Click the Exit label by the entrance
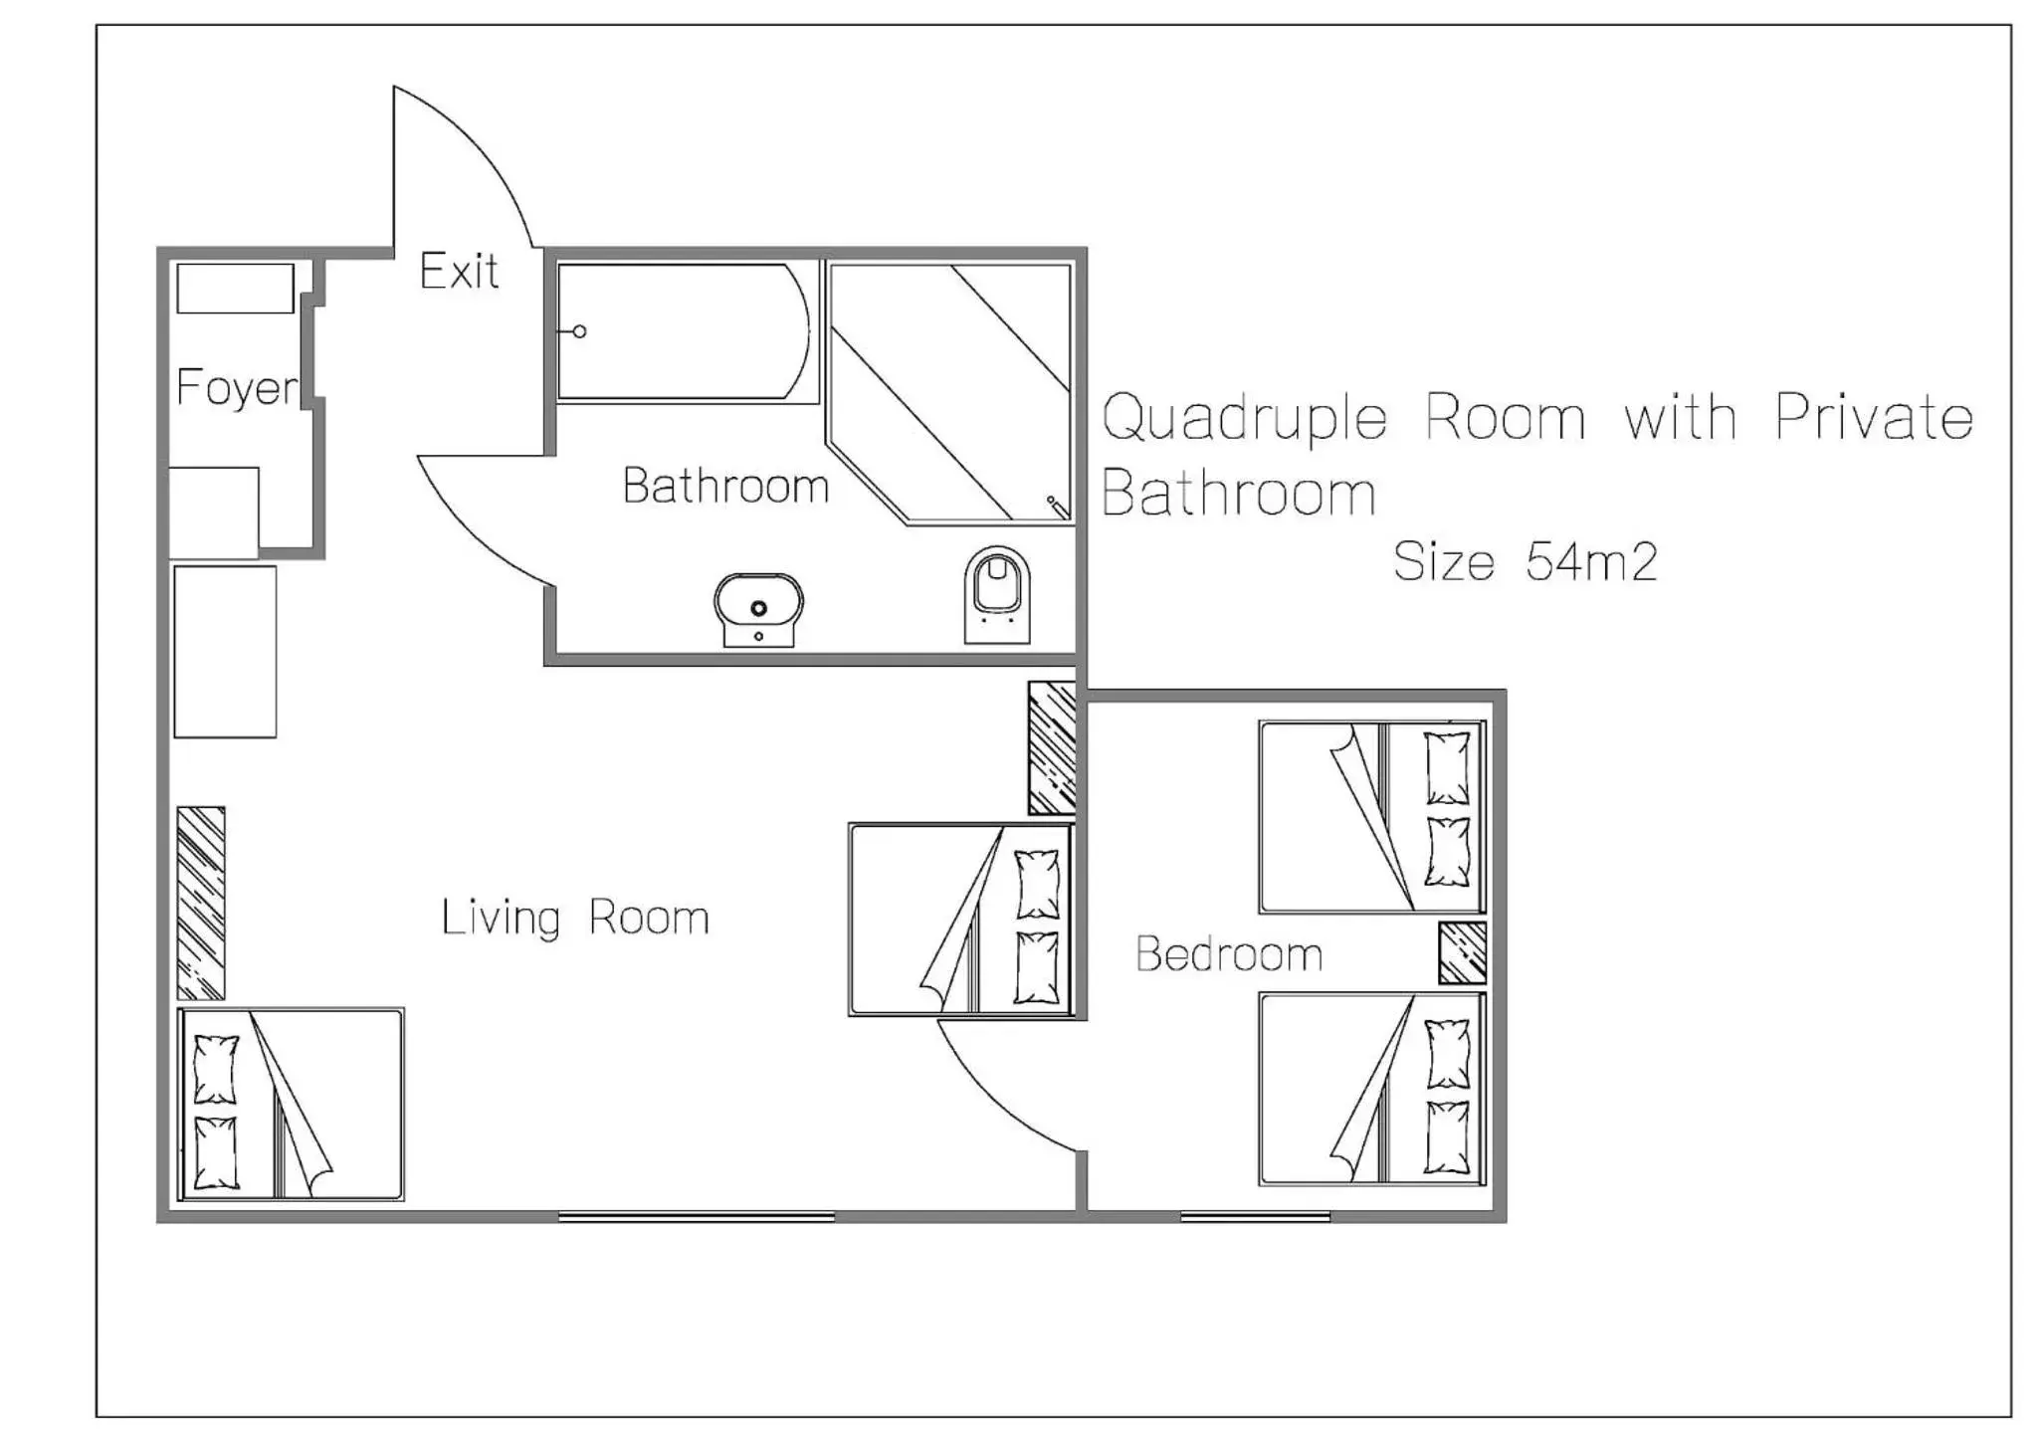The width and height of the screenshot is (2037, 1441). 459,272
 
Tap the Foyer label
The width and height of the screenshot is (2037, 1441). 237,387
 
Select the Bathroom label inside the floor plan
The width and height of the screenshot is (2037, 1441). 725,486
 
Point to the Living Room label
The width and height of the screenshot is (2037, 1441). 575,918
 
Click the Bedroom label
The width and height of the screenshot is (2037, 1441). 1229,954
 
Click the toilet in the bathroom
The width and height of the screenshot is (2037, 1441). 997,594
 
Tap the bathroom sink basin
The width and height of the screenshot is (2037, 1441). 758,608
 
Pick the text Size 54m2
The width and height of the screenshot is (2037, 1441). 1525,562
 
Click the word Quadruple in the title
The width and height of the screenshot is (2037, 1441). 1244,418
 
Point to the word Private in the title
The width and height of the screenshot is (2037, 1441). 1874,418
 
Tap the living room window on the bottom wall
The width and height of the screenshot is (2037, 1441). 697,1216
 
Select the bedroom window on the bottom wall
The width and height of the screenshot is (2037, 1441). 1255,1216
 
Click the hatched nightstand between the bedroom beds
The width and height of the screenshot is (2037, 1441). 1462,952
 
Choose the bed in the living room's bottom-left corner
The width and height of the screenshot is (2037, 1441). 291,1104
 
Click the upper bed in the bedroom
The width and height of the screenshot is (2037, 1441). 1371,817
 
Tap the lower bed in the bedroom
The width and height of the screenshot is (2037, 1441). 1371,1089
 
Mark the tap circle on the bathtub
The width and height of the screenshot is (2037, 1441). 579,331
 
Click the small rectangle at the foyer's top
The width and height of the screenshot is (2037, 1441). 235,289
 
